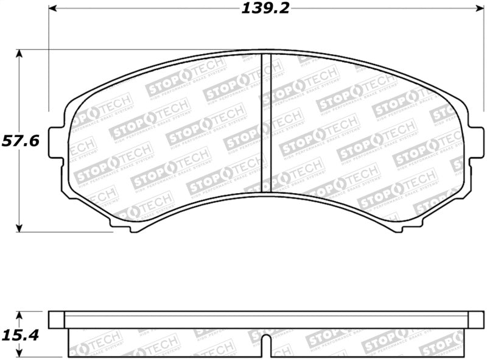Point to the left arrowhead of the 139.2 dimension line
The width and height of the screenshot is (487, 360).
52,9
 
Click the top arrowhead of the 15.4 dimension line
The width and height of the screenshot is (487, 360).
19,316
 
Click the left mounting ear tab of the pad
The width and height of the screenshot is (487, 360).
55,139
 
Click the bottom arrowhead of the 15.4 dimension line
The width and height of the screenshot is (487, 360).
19,355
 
